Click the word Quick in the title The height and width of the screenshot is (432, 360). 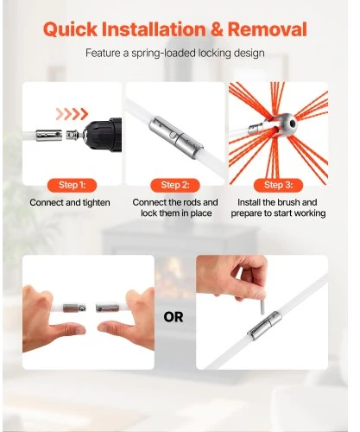click(x=71, y=29)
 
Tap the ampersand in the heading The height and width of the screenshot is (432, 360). click(x=217, y=29)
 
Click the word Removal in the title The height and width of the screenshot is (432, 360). click(x=268, y=29)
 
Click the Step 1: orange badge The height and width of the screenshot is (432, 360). click(x=72, y=185)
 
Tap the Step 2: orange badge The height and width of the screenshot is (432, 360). click(x=175, y=185)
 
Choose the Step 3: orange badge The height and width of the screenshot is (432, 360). click(x=278, y=185)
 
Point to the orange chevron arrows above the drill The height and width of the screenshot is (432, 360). click(x=72, y=114)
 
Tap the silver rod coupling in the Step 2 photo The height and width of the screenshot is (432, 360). click(x=176, y=134)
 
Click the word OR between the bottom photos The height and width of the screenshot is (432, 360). click(x=174, y=317)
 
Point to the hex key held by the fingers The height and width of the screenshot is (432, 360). click(x=262, y=306)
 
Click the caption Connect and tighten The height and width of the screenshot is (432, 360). click(x=70, y=202)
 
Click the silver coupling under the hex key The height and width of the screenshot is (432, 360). click(x=264, y=326)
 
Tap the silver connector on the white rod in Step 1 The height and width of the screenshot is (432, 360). click(x=49, y=136)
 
